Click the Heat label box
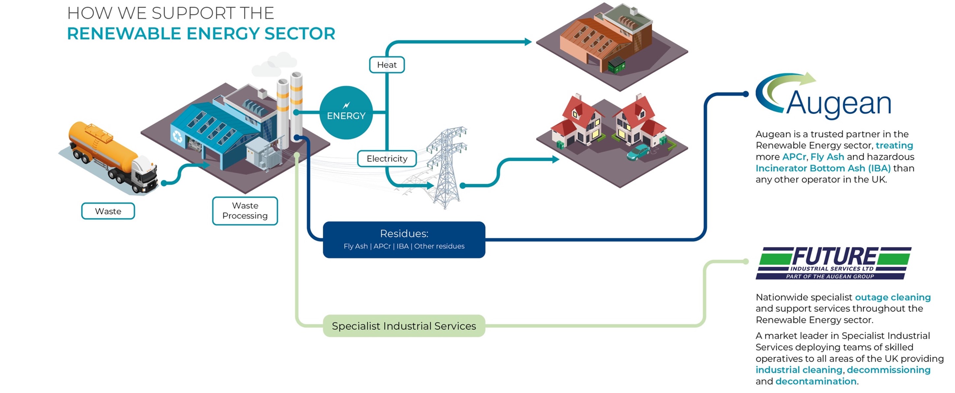coord(387,65)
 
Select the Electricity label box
coord(387,159)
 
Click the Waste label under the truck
coord(108,211)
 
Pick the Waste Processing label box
coord(245,211)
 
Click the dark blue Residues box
coord(404,240)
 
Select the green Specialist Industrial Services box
coord(404,326)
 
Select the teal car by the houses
coord(637,153)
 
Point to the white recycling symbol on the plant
coord(177,137)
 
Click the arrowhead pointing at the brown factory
coord(528,42)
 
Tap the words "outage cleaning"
coord(893,297)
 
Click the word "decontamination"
coord(816,381)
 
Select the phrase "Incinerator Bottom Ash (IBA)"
coord(823,168)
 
